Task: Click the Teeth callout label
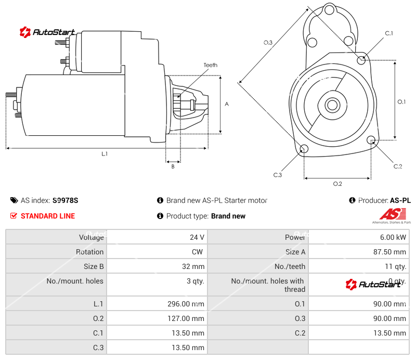point(210,65)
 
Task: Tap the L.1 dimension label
point(105,153)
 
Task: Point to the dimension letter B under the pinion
point(173,166)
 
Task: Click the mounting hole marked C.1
point(362,60)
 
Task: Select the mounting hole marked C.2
point(371,140)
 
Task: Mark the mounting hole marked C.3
point(304,150)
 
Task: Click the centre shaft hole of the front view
point(331,105)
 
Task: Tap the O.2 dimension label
point(337,183)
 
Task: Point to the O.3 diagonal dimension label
point(268,43)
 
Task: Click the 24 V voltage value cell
point(197,237)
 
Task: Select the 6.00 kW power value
point(394,237)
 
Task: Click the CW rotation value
point(199,252)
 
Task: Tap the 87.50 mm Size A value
point(390,252)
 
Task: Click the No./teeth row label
point(290,266)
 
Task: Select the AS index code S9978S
point(65,200)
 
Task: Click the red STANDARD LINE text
point(47,216)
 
